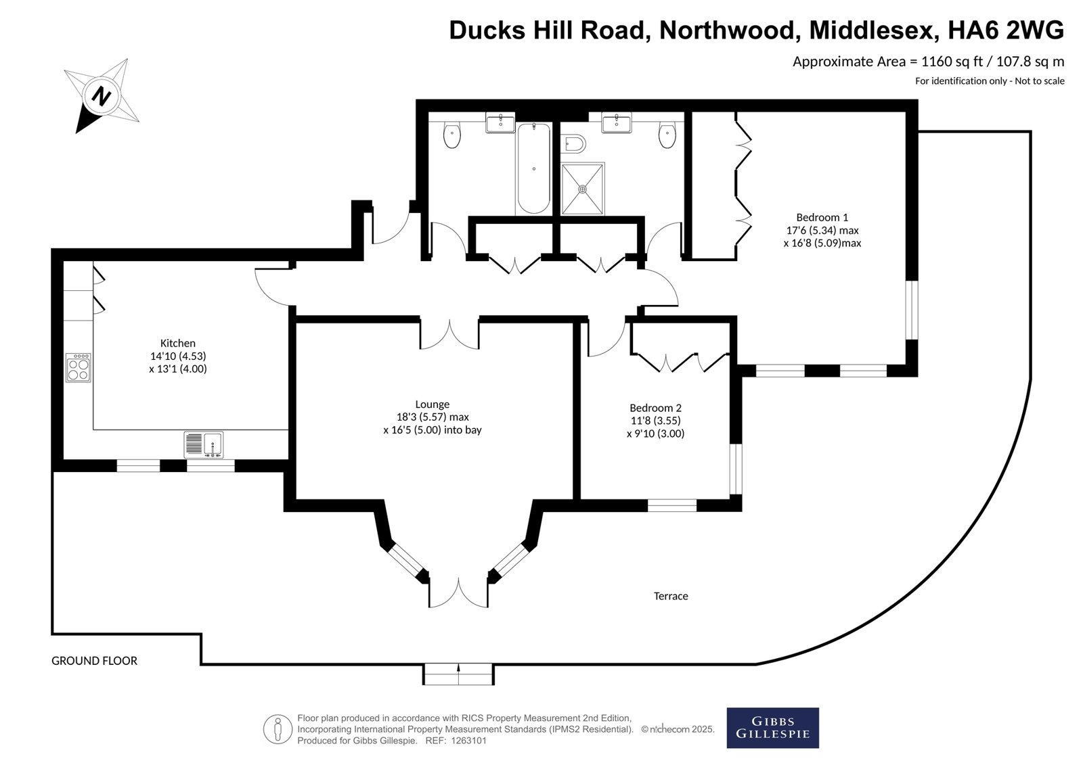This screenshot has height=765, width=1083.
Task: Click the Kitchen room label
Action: (x=177, y=343)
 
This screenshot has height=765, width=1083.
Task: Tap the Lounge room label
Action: (x=433, y=404)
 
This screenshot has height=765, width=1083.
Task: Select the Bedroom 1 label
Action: (x=822, y=217)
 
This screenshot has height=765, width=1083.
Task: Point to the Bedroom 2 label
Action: (x=655, y=408)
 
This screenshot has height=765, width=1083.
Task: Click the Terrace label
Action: (x=671, y=596)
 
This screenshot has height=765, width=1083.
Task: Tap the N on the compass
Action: (x=102, y=95)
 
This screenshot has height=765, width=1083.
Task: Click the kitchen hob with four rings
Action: (x=79, y=367)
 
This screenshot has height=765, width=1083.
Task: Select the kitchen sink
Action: (x=204, y=444)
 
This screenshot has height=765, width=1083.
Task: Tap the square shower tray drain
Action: (x=583, y=189)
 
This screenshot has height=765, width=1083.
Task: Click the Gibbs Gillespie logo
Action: (x=772, y=728)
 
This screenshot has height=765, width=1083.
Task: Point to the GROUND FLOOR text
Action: (x=94, y=661)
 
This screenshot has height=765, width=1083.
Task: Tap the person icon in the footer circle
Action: (x=278, y=729)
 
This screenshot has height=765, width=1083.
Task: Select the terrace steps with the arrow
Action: (x=458, y=674)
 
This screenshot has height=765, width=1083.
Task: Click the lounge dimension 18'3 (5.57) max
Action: (x=433, y=417)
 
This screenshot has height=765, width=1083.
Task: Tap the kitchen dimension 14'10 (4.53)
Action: (x=177, y=356)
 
